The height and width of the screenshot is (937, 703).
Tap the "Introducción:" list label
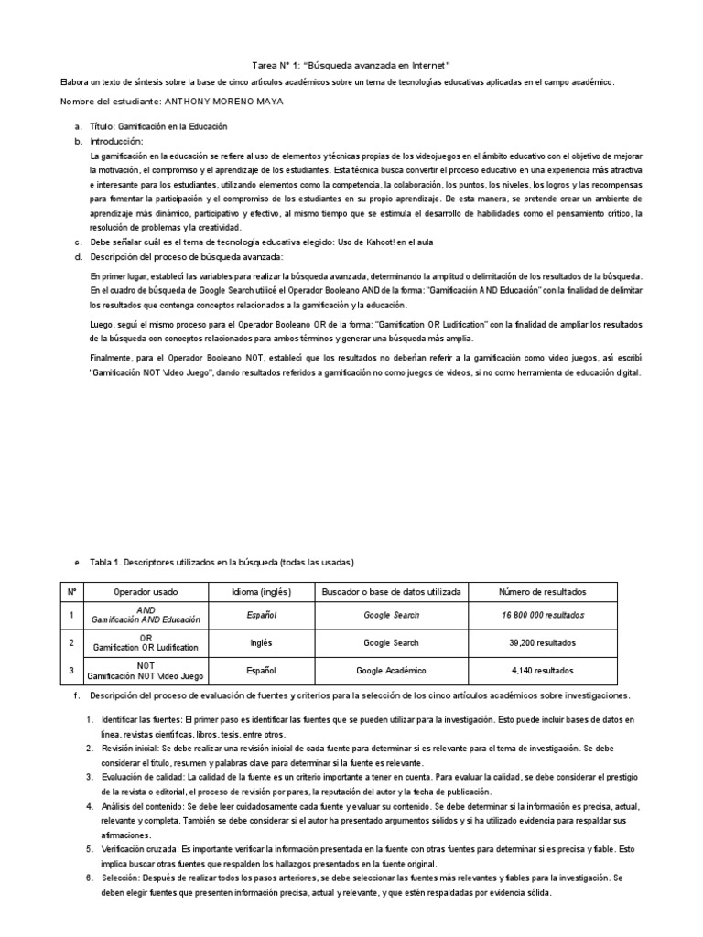point(116,141)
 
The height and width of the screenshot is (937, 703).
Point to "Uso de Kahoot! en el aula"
point(389,242)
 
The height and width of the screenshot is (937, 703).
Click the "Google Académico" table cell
point(391,671)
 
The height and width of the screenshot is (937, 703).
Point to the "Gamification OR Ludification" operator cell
point(146,648)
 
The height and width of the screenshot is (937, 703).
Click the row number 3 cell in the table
point(71,671)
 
